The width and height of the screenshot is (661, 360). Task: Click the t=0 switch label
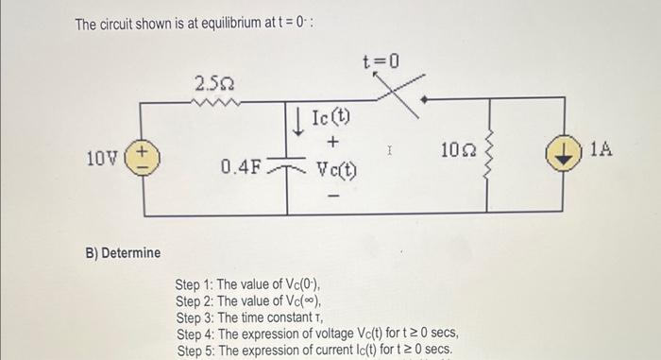[x=381, y=62]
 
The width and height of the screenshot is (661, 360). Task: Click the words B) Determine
[x=122, y=253]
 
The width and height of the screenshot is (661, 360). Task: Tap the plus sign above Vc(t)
[x=332, y=144]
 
